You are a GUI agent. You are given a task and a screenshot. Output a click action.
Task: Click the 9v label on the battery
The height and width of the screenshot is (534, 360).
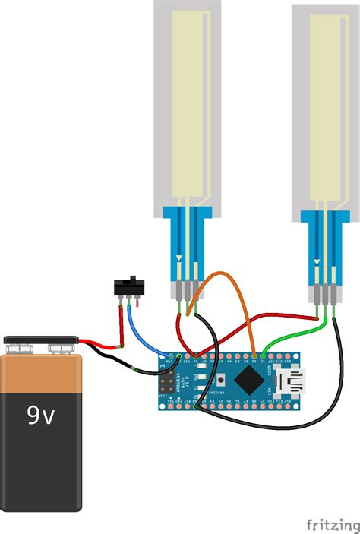(x=42, y=415)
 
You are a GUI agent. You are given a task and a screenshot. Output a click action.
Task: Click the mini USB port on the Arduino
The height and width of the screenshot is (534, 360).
(x=292, y=379)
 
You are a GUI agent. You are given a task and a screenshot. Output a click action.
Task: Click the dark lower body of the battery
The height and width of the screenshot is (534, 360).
(x=42, y=456)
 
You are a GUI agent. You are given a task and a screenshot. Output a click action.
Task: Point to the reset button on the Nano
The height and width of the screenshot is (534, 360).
(x=220, y=379)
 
